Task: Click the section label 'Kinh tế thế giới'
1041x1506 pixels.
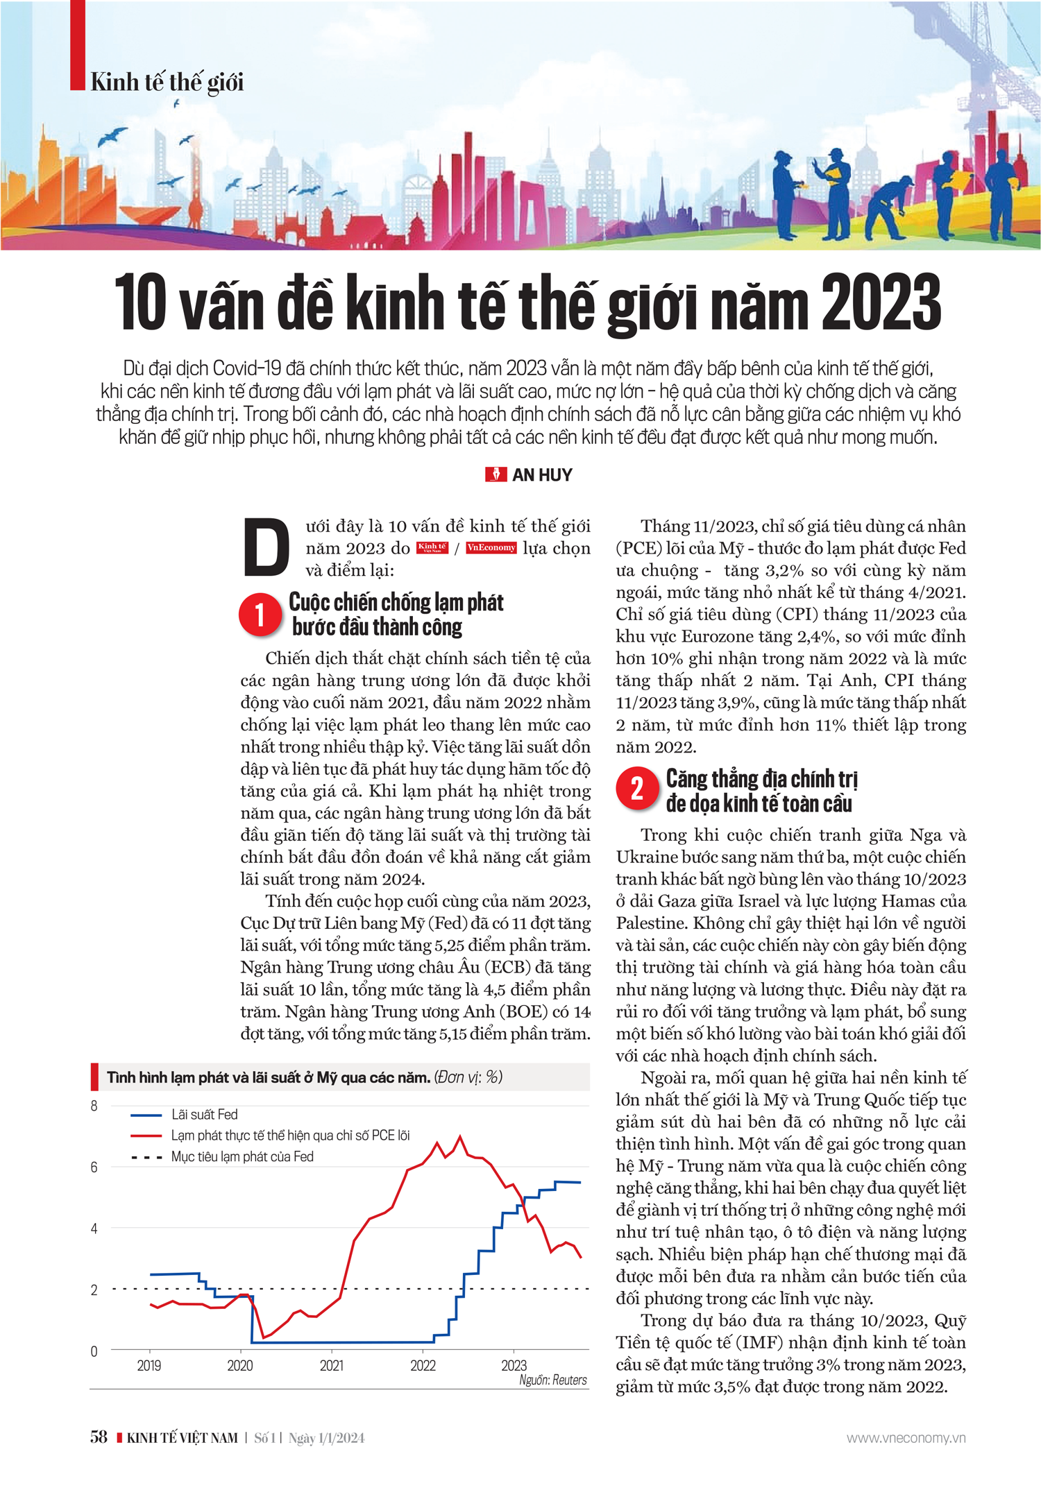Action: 167,83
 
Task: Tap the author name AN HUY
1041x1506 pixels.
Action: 542,475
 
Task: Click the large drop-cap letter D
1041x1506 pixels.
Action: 266,548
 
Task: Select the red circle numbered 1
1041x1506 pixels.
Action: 260,615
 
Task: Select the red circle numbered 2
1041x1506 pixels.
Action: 637,789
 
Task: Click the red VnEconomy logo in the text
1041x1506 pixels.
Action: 491,548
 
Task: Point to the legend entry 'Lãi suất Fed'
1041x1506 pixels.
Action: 204,1115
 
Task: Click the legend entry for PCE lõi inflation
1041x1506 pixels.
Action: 290,1136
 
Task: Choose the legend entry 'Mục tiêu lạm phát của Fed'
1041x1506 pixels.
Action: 242,1156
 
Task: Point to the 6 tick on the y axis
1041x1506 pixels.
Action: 94,1167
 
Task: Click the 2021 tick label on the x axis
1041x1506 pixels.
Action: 332,1366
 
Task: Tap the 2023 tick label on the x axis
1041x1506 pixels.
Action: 514,1366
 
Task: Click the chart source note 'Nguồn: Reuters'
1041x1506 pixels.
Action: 553,1380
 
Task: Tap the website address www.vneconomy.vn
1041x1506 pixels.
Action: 906,1437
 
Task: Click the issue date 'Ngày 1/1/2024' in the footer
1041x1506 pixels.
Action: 326,1438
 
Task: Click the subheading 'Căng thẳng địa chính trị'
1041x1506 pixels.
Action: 762,778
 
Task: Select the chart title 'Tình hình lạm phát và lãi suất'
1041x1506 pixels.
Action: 268,1077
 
